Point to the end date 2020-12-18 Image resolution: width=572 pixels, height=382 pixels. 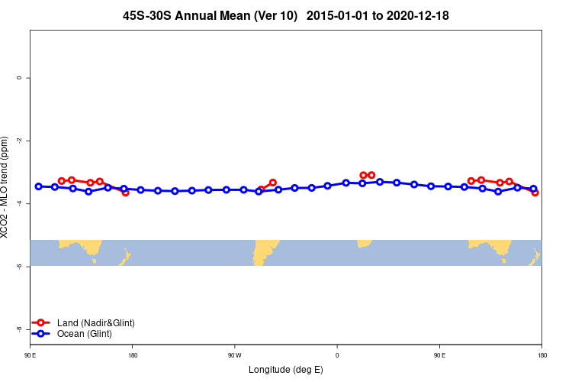tap(419, 15)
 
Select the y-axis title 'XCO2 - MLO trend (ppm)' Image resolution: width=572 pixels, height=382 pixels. tap(5, 187)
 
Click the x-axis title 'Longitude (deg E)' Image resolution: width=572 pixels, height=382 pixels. tap(285, 370)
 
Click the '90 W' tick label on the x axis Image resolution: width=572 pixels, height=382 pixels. tap(234, 355)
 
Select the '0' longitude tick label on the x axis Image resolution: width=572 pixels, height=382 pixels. tap(336, 355)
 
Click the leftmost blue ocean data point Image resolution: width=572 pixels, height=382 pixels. tap(38, 186)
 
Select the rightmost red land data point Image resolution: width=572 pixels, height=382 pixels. tap(535, 193)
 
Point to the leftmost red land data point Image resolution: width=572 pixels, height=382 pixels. tap(62, 181)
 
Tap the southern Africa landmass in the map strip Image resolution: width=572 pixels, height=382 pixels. tap(365, 243)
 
